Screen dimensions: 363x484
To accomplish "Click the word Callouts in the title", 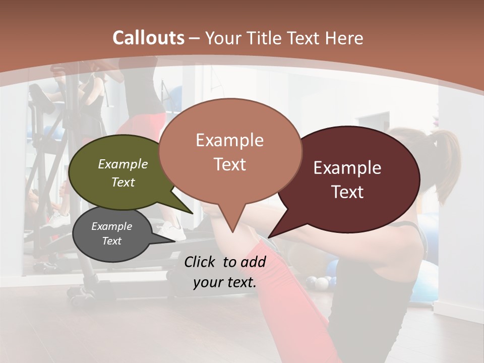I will [x=148, y=38].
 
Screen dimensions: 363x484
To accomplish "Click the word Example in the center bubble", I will [x=229, y=140].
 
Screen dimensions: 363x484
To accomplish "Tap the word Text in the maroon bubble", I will [x=347, y=192].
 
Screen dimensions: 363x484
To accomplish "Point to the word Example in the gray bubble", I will [x=111, y=226].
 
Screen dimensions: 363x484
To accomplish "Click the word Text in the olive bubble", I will [x=123, y=183].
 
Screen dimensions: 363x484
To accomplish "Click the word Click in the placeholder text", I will [x=201, y=262].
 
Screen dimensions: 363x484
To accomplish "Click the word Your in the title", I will [x=222, y=38].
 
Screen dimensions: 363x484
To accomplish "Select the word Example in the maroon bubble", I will [x=347, y=168].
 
